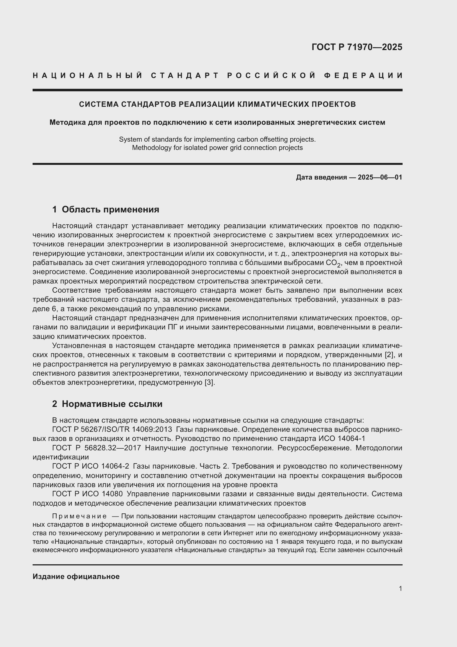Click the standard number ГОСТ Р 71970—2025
click(357, 47)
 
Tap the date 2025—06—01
click(380, 177)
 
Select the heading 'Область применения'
click(110, 209)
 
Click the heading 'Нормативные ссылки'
click(112, 404)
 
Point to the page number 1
click(400, 588)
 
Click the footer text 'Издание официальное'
click(76, 576)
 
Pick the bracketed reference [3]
click(210, 382)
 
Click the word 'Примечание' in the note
click(79, 516)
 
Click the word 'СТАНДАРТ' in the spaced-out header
click(185, 76)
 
